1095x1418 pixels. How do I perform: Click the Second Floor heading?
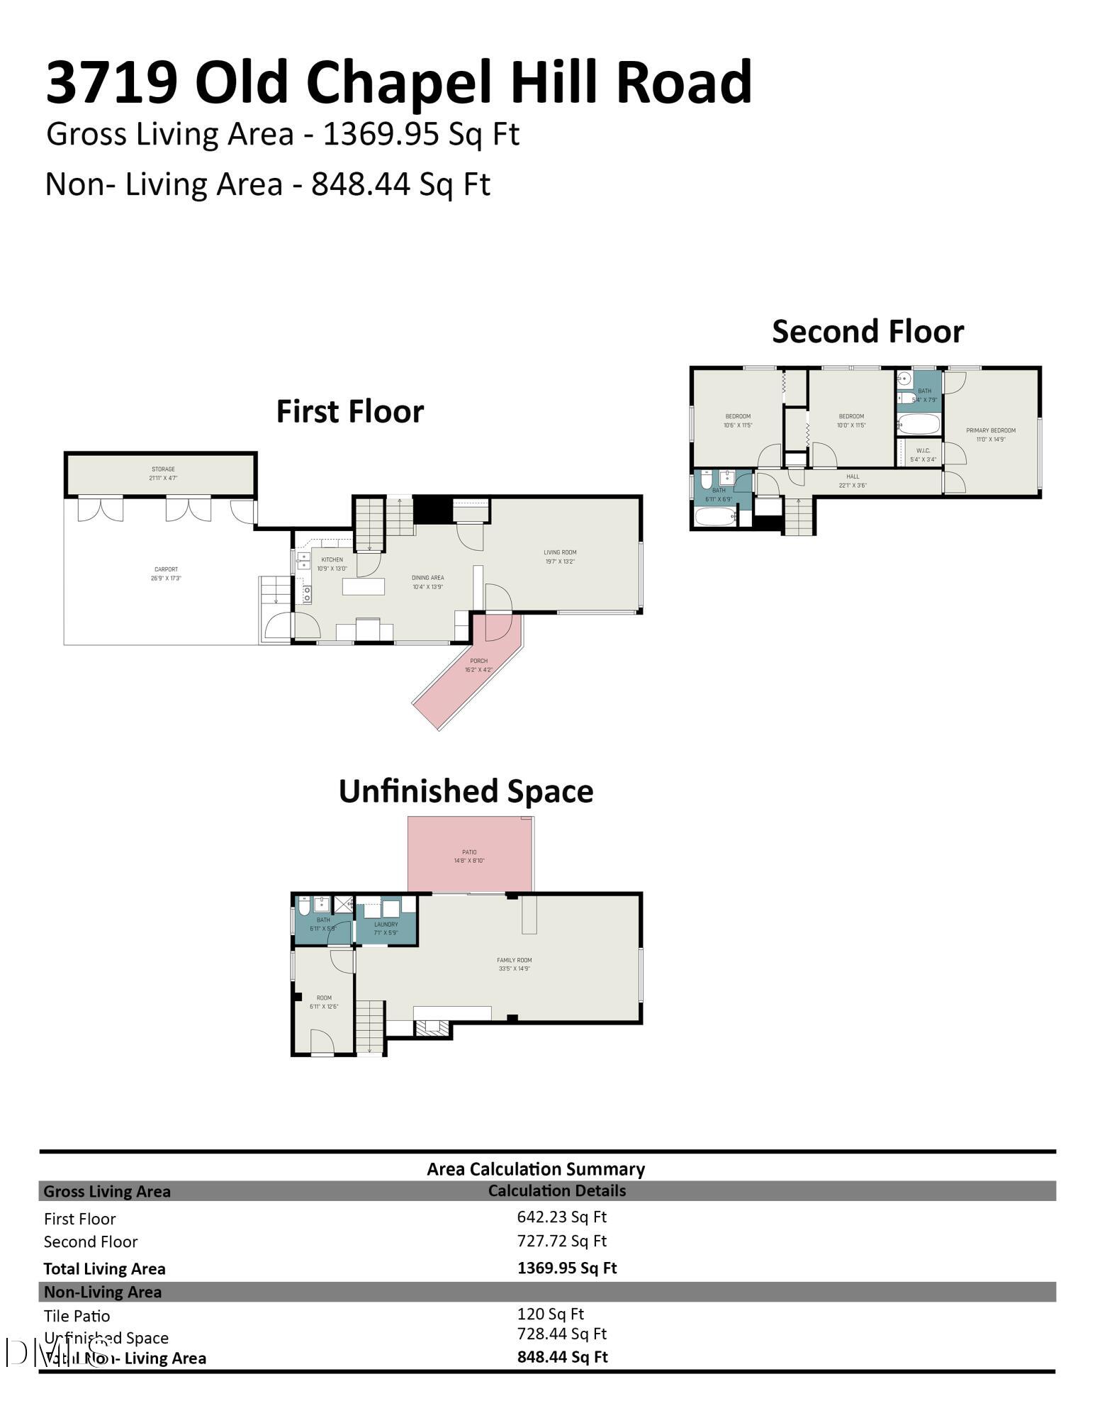(x=867, y=332)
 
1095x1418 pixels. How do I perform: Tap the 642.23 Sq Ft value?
(x=561, y=1217)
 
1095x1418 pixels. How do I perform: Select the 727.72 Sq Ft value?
(x=561, y=1241)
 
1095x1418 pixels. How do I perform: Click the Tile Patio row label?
(x=77, y=1316)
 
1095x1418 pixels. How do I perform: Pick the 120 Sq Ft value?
(x=550, y=1314)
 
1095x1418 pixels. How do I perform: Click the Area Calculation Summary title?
(x=535, y=1169)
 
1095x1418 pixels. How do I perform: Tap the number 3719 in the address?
(x=111, y=82)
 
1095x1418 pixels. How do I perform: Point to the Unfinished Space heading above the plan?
(x=466, y=791)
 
